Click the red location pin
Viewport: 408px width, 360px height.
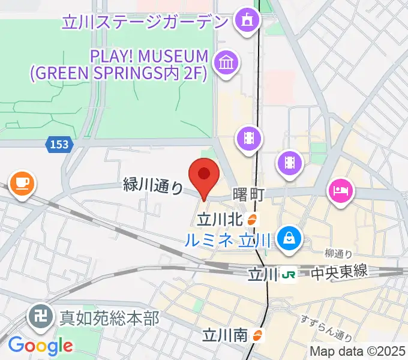tap(203, 176)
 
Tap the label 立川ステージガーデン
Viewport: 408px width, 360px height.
tap(145, 23)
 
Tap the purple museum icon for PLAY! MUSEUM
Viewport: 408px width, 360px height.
tap(227, 62)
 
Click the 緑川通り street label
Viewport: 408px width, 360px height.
tap(153, 186)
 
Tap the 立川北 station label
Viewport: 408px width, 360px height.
tap(221, 220)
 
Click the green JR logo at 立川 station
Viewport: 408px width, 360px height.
tap(289, 274)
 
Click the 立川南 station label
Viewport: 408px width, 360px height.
tap(225, 334)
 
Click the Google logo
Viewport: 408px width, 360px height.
tap(40, 345)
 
